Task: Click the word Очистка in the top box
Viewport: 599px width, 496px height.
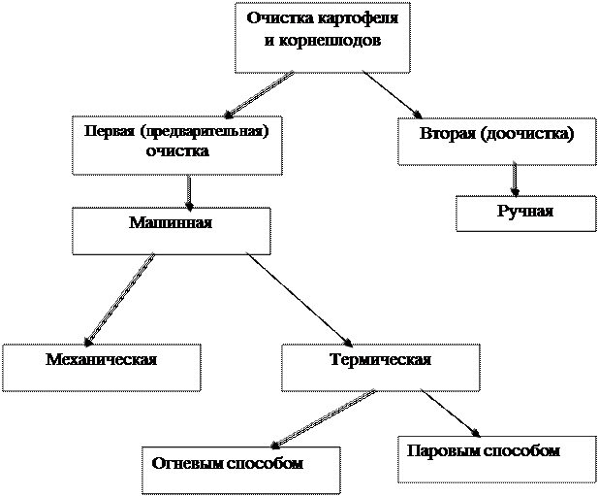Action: [x=276, y=18]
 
